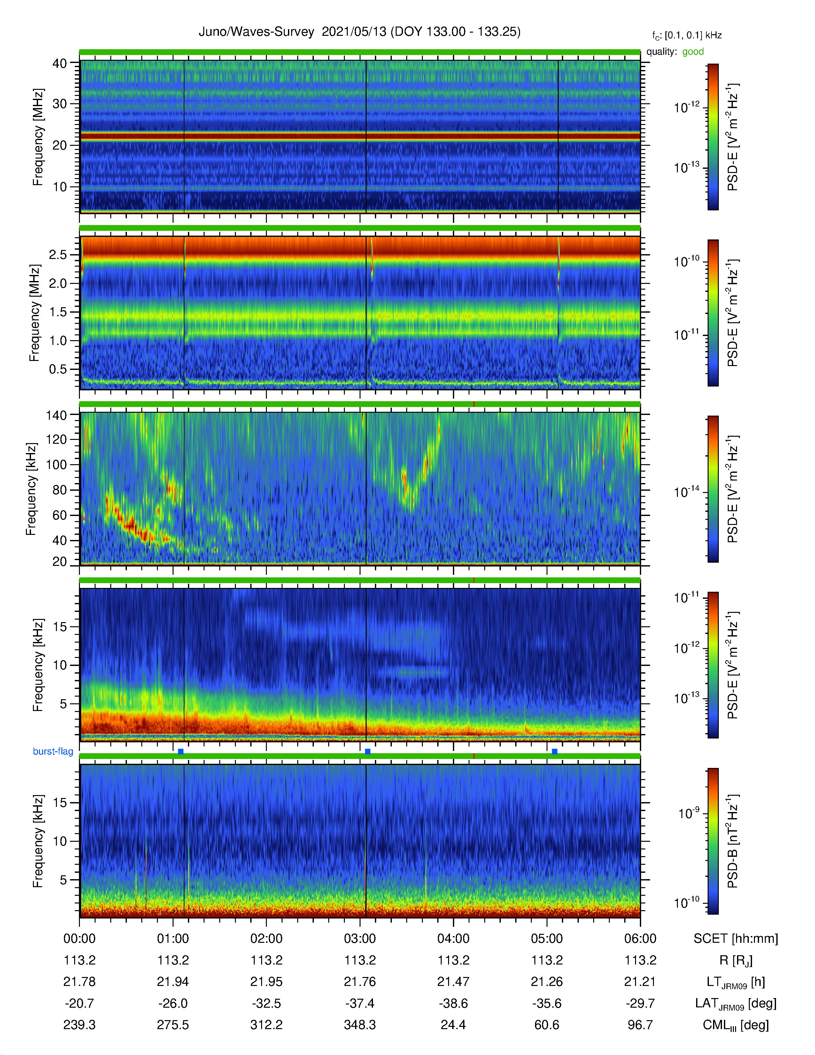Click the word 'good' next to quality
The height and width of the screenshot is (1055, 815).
coord(693,52)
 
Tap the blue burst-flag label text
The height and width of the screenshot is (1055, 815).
coord(53,751)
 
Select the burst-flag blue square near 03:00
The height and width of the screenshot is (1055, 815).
coord(368,752)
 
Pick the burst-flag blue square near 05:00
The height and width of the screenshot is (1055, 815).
coord(554,752)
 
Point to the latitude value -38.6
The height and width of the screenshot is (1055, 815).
coord(454,1003)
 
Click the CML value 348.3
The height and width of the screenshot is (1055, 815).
coord(360,1025)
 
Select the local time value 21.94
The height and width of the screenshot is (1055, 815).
coord(173,981)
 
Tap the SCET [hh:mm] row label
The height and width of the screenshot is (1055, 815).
coord(736,939)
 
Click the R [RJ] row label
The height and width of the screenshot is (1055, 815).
coord(736,960)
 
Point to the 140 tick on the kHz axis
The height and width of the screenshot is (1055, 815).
coord(56,415)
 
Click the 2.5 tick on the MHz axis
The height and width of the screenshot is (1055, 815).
coord(58,254)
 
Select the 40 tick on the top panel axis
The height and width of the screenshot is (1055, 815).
coord(59,63)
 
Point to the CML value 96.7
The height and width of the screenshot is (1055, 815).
coord(640,1025)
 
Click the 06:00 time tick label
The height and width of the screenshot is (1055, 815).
coord(640,939)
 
